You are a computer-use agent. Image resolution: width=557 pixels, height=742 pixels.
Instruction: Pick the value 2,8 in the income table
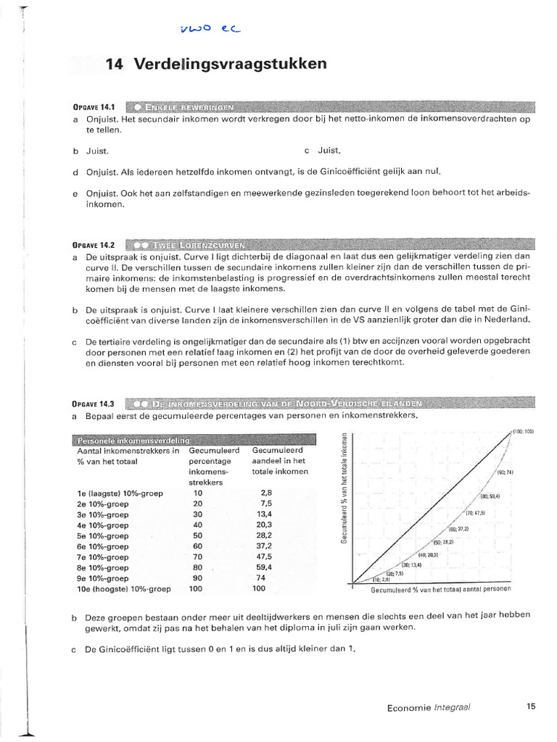click(x=265, y=493)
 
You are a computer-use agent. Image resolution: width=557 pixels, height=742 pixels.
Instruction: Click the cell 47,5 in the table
click(x=263, y=557)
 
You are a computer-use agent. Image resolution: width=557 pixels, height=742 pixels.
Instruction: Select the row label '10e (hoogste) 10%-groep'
click(x=123, y=589)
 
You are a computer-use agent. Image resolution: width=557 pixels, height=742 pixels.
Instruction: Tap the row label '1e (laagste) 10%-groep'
click(x=120, y=493)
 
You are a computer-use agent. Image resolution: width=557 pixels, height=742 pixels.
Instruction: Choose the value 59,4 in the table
click(x=263, y=568)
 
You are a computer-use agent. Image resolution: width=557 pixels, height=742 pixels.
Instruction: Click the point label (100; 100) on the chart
click(x=522, y=432)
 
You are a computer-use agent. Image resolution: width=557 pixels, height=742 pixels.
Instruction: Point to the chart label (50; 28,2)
click(x=442, y=542)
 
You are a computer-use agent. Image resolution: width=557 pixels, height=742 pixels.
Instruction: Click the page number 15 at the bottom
click(x=531, y=707)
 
